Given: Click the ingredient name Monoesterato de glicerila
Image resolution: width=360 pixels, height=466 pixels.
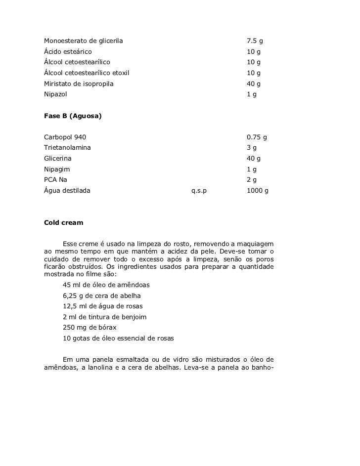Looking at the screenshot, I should (x=83, y=40).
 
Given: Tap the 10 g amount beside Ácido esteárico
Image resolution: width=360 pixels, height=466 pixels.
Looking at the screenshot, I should (x=253, y=51).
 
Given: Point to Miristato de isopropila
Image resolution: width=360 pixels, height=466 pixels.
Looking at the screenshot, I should (x=79, y=84).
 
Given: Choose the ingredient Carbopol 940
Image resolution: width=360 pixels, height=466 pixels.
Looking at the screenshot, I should (x=65, y=137).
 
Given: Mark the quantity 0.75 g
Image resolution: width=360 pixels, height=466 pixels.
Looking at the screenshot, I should (x=257, y=137).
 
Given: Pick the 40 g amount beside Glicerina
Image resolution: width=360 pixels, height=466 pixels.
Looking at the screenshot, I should (x=253, y=159).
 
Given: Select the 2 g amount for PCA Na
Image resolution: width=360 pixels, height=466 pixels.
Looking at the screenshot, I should (x=251, y=180).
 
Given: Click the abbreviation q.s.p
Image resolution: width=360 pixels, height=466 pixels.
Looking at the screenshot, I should (x=199, y=190).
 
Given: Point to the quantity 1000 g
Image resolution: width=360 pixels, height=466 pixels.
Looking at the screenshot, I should (x=257, y=190).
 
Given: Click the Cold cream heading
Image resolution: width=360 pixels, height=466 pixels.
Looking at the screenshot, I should (x=64, y=222).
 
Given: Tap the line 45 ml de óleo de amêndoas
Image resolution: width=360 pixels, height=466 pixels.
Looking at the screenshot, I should (x=106, y=285).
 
